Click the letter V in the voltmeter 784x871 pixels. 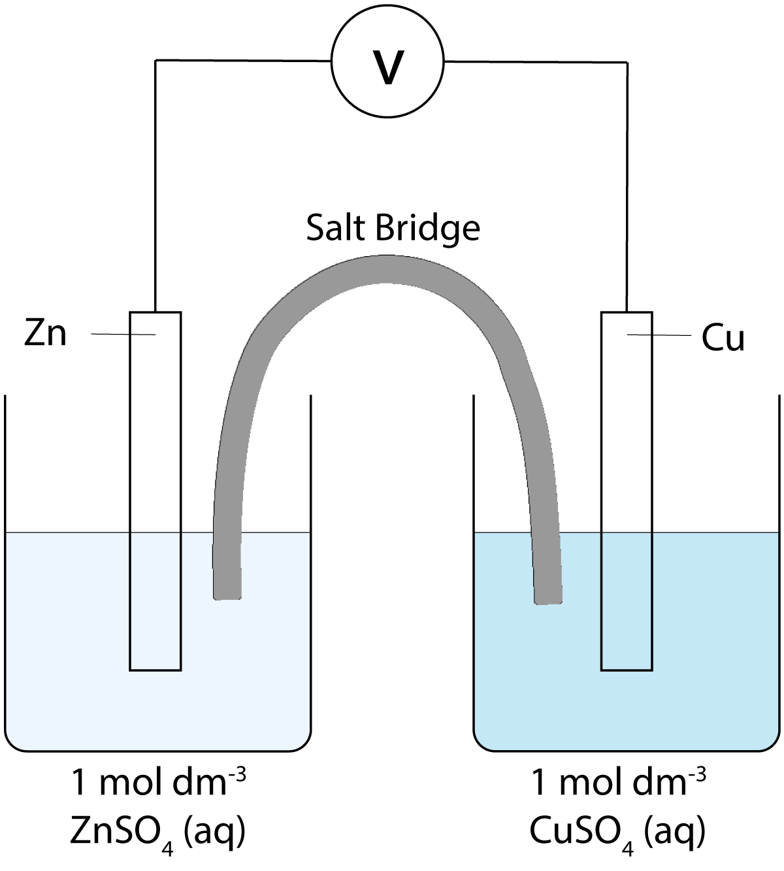point(388,67)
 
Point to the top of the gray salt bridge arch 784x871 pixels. point(387,269)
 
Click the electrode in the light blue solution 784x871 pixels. point(155,601)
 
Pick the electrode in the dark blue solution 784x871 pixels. point(627,601)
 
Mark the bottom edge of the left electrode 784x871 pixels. point(155,670)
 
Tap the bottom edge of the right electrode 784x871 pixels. point(627,670)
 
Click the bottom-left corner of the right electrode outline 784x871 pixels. point(602,670)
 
